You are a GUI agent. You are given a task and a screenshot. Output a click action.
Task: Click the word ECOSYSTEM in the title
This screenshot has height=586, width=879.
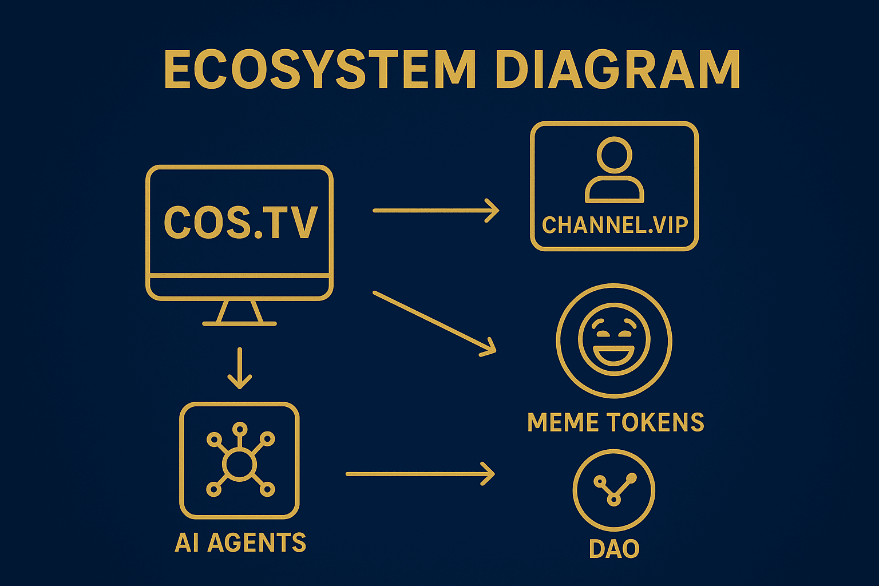[319, 70]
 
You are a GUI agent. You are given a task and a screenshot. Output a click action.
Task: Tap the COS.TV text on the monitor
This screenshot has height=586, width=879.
[240, 222]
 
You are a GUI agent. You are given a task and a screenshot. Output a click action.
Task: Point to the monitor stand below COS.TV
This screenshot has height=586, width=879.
[240, 313]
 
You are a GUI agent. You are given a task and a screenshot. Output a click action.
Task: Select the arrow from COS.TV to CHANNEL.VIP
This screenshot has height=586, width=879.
[435, 211]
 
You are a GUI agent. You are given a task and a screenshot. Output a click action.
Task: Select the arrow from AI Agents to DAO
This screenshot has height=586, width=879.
[419, 474]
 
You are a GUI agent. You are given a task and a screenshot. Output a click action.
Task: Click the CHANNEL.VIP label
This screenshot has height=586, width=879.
[615, 225]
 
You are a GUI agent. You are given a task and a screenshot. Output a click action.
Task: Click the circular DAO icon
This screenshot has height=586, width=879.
[614, 490]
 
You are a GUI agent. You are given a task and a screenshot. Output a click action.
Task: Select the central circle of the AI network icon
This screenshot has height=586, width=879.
[240, 464]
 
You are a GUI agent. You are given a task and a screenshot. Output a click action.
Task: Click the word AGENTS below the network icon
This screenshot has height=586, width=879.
[257, 543]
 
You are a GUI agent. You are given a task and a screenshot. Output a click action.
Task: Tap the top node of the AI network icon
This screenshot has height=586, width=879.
[240, 429]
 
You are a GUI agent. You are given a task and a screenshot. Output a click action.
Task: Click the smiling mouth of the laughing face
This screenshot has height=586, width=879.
[614, 355]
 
